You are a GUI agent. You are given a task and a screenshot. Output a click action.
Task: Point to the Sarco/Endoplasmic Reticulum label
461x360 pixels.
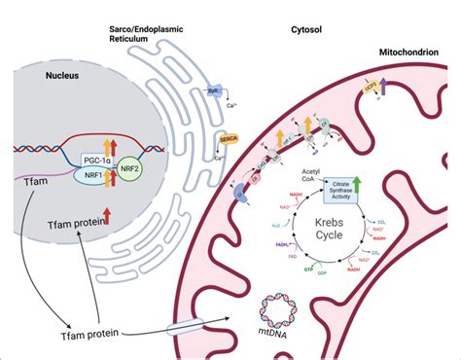161,37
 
